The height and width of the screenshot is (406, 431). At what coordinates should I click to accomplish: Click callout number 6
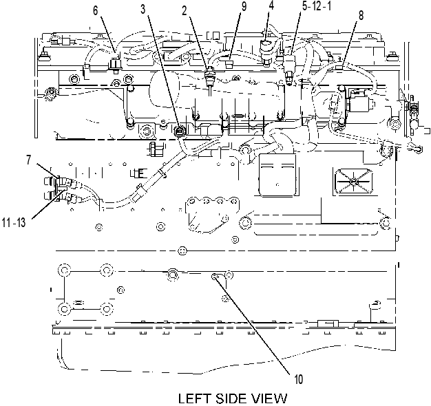click(96, 11)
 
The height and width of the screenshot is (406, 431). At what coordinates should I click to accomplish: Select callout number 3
click(143, 9)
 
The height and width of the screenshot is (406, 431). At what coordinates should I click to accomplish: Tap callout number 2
click(184, 10)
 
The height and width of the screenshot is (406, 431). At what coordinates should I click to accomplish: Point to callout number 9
click(244, 7)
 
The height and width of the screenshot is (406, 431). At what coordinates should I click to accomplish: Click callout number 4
click(271, 6)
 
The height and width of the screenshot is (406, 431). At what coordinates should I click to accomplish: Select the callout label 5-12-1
click(317, 6)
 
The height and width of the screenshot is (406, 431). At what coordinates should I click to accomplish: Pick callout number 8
click(361, 15)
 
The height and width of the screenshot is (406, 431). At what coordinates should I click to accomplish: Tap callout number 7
click(29, 160)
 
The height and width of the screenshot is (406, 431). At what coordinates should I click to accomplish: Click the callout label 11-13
click(14, 222)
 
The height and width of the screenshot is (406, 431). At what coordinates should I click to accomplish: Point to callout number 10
click(299, 379)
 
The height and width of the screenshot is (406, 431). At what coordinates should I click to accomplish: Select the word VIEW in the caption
click(269, 398)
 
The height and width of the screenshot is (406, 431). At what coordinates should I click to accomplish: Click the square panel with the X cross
click(353, 182)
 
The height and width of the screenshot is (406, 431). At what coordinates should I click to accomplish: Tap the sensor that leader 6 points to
click(114, 65)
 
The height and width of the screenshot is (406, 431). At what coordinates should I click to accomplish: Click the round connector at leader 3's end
click(180, 131)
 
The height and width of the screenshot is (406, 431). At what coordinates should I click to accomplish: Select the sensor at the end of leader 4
click(266, 52)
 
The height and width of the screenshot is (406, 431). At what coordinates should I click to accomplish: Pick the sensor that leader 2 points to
click(210, 76)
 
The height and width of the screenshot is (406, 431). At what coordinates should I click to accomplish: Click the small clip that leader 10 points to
click(215, 277)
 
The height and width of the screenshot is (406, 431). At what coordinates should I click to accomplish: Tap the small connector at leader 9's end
click(229, 64)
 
